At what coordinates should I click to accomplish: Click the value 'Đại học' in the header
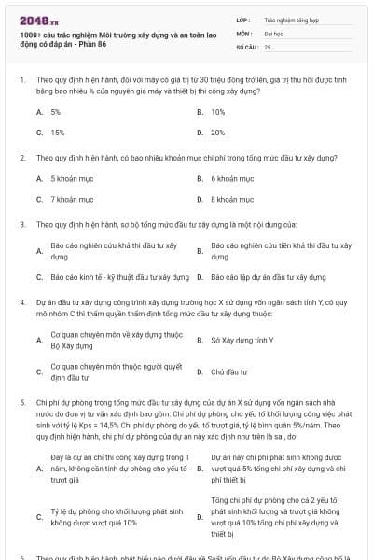(x=274, y=32)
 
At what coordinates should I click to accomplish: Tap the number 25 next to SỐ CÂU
(x=268, y=46)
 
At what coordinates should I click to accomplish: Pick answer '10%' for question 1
(x=217, y=111)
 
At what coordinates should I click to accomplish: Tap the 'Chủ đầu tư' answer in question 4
(x=229, y=371)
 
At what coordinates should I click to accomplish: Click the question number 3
(x=22, y=225)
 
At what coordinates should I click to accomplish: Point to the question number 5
(x=22, y=399)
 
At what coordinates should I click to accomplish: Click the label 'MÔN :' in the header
(x=245, y=32)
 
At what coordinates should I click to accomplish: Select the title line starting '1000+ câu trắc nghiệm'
(x=109, y=33)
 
